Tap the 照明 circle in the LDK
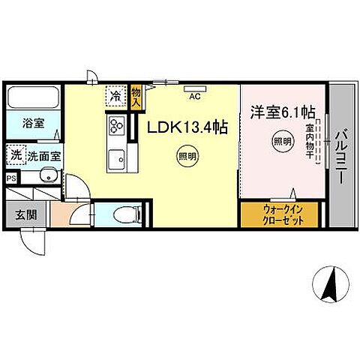pos(187,156)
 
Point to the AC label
pos(194,97)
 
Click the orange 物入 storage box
pos(136,97)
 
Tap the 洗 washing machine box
pos(16,155)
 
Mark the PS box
pos(10,178)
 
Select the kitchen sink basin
pos(116,158)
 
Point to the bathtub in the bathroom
pos(34,98)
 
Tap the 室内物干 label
pos(309,142)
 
